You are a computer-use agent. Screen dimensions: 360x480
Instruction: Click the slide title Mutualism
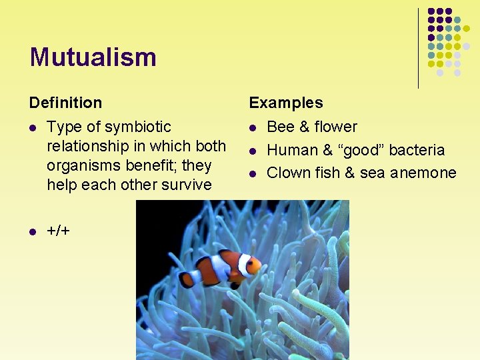click(93, 57)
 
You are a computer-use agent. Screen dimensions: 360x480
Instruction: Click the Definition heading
click(65, 103)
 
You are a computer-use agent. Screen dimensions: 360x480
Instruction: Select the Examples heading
click(285, 103)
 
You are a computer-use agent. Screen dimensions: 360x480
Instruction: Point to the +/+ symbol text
click(58, 231)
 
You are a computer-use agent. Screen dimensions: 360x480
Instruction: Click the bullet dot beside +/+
click(32, 231)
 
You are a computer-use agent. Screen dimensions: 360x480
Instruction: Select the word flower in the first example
click(335, 127)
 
